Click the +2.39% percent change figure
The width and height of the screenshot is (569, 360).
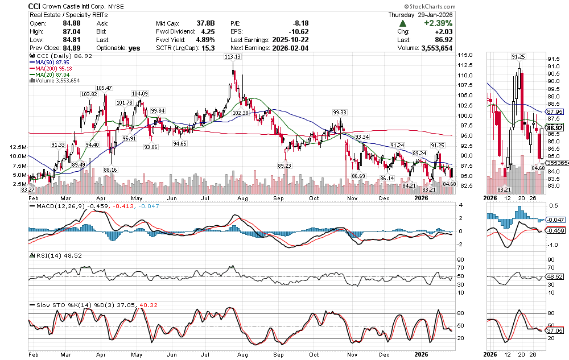[x=436, y=24]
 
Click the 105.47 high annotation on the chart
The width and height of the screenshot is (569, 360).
[x=104, y=88]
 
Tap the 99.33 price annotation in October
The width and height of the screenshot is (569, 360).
[x=340, y=113]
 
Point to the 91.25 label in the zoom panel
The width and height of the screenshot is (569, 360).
[x=518, y=57]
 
